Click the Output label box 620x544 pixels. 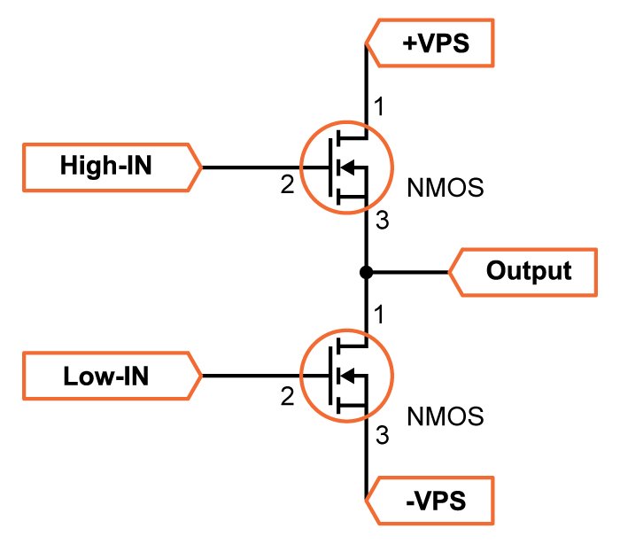[527, 271]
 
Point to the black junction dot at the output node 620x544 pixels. [365, 271]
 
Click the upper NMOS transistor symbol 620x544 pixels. [344, 167]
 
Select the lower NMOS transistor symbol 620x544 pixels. [344, 377]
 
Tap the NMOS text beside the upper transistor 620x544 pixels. [445, 188]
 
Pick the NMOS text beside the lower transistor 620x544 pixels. [445, 415]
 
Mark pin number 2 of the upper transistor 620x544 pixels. [286, 186]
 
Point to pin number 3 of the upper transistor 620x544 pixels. [382, 222]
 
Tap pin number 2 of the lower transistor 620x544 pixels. [286, 398]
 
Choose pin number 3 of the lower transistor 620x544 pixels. [382, 435]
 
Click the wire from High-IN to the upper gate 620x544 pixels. [252, 167]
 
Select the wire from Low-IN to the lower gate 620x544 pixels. [252, 377]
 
